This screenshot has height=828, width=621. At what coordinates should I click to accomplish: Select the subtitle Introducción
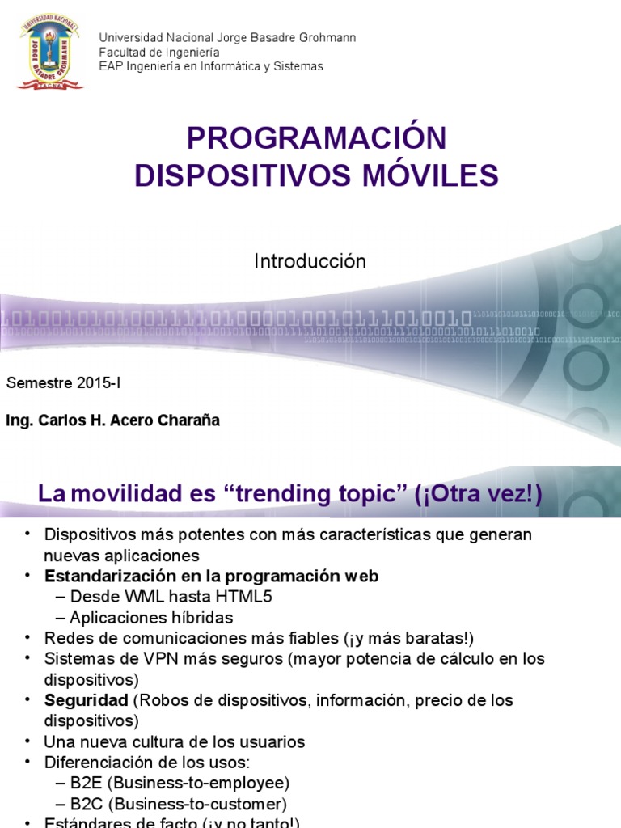(x=310, y=261)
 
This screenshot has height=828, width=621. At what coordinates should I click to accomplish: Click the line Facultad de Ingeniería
(x=159, y=52)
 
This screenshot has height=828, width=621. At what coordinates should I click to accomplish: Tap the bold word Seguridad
(x=87, y=699)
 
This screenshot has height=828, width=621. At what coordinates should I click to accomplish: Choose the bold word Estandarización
(x=103, y=576)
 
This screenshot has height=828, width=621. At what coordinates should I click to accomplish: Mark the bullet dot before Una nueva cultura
(x=27, y=741)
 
